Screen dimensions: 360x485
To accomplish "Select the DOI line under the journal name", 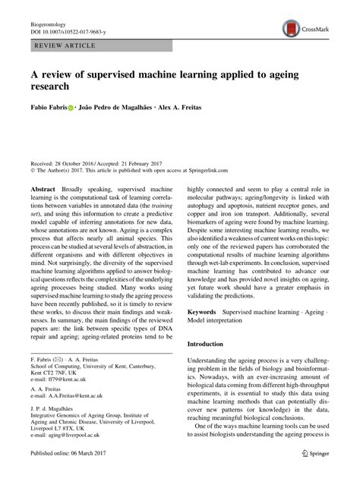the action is click(x=68, y=33).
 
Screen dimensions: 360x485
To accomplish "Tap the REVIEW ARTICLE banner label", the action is click(x=64, y=46).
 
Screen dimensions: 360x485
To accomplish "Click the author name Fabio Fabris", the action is click(x=47, y=109).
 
